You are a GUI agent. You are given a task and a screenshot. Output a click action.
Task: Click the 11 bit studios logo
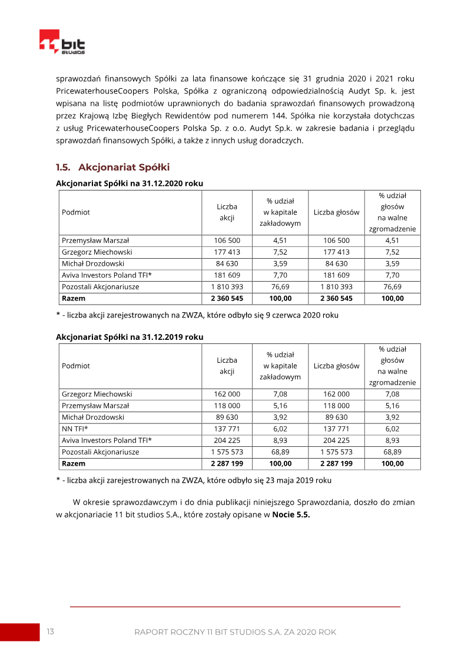[x=62, y=43]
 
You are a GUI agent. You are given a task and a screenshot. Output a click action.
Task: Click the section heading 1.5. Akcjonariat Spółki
[x=112, y=168]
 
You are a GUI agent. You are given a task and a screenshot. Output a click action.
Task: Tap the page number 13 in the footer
[x=51, y=631]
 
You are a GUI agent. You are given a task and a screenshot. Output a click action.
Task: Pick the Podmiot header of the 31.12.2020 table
[x=76, y=212]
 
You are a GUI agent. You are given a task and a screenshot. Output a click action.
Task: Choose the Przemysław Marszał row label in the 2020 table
[x=95, y=240]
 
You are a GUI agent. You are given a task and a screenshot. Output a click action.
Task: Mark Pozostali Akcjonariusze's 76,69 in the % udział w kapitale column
[x=280, y=287]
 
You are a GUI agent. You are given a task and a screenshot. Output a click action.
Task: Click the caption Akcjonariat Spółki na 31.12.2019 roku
[x=130, y=337]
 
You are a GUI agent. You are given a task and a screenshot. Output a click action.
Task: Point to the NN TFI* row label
[x=75, y=429]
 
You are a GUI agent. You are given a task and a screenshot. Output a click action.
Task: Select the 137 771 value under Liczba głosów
[x=336, y=429]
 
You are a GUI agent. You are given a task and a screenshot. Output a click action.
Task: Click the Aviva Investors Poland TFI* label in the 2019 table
[x=107, y=440]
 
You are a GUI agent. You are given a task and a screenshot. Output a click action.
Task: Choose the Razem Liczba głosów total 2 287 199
[x=336, y=463]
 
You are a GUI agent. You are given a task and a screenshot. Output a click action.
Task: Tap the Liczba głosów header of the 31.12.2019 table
[x=336, y=366]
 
